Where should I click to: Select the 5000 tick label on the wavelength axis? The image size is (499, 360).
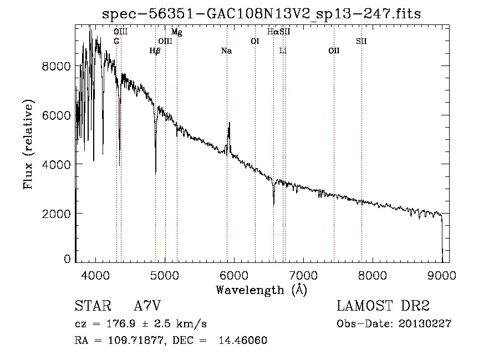point(164,275)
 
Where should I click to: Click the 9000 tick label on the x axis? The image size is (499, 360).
point(442,275)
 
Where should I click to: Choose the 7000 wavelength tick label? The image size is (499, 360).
point(303,275)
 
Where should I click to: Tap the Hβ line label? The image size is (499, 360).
point(155,51)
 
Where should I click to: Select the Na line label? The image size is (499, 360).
point(226,51)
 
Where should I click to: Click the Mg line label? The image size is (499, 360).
point(176,32)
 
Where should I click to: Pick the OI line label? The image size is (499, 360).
point(255,41)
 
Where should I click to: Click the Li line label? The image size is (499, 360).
point(283,51)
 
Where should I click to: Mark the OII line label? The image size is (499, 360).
point(334,51)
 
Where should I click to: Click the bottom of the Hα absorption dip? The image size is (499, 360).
point(273,204)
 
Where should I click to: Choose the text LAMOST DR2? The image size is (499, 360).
point(383,306)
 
